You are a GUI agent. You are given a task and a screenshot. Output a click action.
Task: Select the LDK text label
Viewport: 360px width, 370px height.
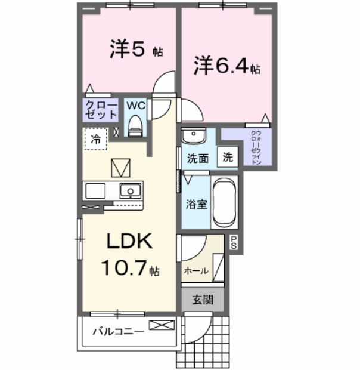click(x=130, y=242)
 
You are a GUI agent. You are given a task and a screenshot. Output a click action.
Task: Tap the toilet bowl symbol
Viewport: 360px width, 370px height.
click(x=137, y=126)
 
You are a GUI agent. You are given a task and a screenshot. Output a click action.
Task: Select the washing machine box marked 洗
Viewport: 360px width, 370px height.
click(x=228, y=158)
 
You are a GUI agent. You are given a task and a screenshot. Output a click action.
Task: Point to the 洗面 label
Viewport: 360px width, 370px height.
click(x=197, y=159)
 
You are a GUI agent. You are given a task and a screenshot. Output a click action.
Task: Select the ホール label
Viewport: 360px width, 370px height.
click(x=196, y=271)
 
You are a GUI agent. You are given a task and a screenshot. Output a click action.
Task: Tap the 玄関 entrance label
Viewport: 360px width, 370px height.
click(x=203, y=301)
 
